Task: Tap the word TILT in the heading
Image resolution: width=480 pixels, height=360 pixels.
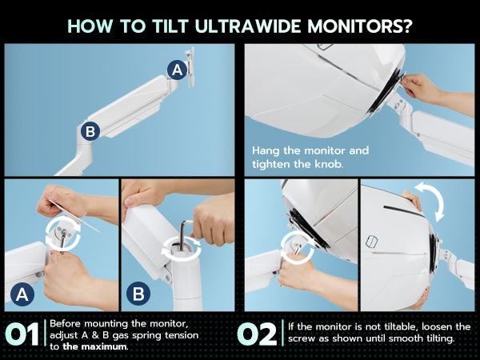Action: click(x=170, y=26)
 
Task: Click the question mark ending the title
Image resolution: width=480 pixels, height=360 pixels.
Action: click(x=406, y=26)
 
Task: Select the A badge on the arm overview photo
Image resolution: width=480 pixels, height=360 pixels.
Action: click(x=178, y=70)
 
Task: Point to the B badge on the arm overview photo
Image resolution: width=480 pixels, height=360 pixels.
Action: click(x=90, y=131)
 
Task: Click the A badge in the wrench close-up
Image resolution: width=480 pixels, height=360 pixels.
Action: click(x=22, y=294)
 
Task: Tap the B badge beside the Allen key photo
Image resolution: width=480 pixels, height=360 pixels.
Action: click(x=138, y=294)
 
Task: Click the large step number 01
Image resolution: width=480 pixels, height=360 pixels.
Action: click(x=22, y=334)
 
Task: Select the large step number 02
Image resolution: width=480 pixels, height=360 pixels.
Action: click(x=257, y=334)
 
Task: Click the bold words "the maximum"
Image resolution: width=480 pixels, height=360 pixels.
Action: click(x=94, y=347)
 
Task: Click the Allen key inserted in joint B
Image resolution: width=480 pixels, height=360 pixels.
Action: click(x=184, y=234)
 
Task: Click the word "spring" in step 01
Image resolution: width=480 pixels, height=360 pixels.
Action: click(x=146, y=336)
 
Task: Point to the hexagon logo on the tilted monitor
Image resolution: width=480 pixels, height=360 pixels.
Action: click(x=371, y=242)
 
